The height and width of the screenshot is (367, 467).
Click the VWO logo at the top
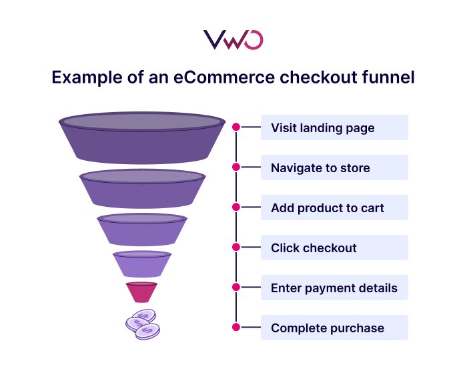[x=233, y=39]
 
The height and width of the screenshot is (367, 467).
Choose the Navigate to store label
[x=320, y=167]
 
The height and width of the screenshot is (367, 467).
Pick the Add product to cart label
[x=328, y=208]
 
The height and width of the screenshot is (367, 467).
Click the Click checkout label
[x=314, y=248]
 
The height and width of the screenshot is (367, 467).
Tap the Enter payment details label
[x=334, y=288]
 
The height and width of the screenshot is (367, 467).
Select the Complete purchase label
[x=328, y=328]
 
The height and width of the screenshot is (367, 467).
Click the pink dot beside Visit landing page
[x=236, y=127]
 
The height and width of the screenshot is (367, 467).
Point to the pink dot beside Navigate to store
[x=236, y=167]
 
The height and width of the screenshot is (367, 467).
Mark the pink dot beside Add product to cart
[x=236, y=207]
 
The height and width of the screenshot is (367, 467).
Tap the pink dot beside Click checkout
[x=236, y=247]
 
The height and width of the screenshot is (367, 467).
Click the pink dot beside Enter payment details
[x=236, y=287]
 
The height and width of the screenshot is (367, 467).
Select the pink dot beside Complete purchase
[x=236, y=327]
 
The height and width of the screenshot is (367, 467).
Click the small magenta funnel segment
[x=141, y=292]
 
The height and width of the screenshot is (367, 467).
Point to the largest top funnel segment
[x=141, y=139]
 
